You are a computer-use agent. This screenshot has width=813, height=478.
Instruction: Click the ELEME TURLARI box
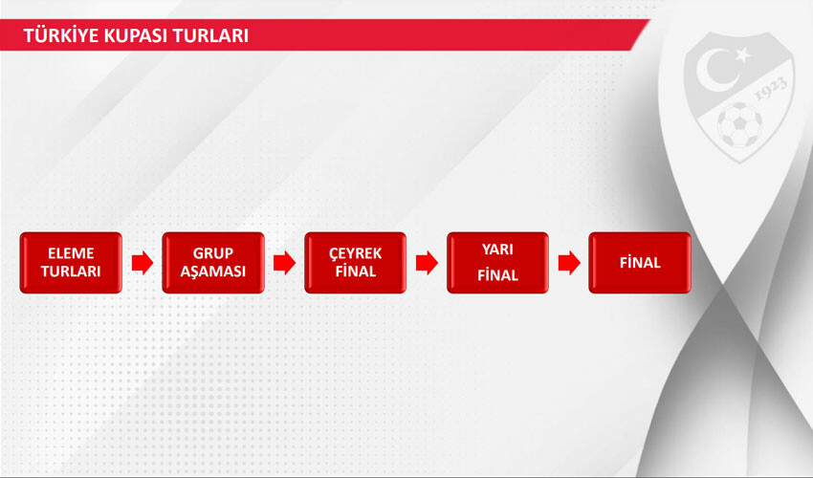pos(71,263)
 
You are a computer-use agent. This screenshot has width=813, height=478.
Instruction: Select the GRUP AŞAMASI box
pos(213,263)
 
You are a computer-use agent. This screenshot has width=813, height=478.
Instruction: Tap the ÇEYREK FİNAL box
pos(355,263)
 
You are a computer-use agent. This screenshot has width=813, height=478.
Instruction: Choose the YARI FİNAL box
pos(497,263)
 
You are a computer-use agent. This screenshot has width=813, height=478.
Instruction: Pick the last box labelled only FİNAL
pos(639,263)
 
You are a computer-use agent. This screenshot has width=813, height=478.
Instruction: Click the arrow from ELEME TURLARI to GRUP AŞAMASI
pos(143,263)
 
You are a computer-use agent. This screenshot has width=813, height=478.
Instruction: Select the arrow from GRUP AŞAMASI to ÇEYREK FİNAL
pos(284,263)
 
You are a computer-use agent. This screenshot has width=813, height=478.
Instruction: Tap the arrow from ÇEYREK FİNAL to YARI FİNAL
pos(427,263)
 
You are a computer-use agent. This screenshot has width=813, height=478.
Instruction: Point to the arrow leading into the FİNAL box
pos(569,263)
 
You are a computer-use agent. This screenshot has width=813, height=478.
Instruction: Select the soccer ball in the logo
pos(739,125)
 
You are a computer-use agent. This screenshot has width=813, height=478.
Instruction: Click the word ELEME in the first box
pos(71,253)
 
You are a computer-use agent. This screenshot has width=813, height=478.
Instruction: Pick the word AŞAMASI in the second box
pos(213,272)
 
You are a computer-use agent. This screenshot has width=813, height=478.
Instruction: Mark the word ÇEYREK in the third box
pos(355,253)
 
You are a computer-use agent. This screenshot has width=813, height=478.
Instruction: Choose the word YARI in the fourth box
pos(497,250)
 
